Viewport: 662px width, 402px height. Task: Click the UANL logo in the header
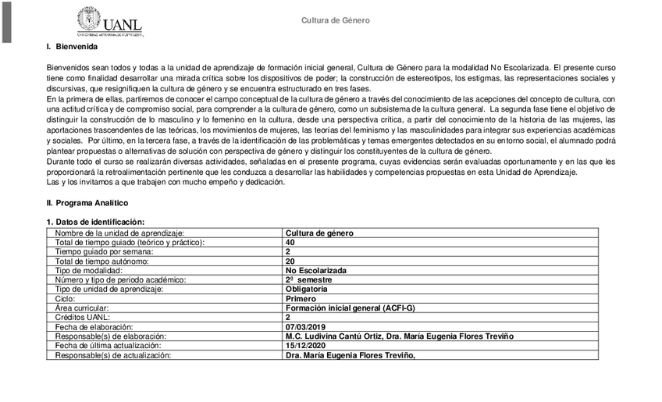point(109,22)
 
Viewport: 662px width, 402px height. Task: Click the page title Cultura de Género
point(336,20)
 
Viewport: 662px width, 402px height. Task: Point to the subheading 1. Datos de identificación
point(95,222)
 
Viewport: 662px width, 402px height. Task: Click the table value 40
point(290,242)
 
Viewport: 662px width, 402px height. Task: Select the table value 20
point(290,261)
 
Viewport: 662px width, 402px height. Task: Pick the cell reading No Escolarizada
point(316,270)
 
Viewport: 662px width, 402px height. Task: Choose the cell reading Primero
point(301,298)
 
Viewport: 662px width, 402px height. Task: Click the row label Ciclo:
point(66,298)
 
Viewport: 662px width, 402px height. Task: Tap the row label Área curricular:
point(81,308)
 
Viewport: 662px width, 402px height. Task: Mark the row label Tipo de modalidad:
point(89,270)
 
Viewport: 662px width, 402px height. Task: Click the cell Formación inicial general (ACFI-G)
point(351,308)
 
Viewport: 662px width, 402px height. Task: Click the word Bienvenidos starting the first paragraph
point(68,68)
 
